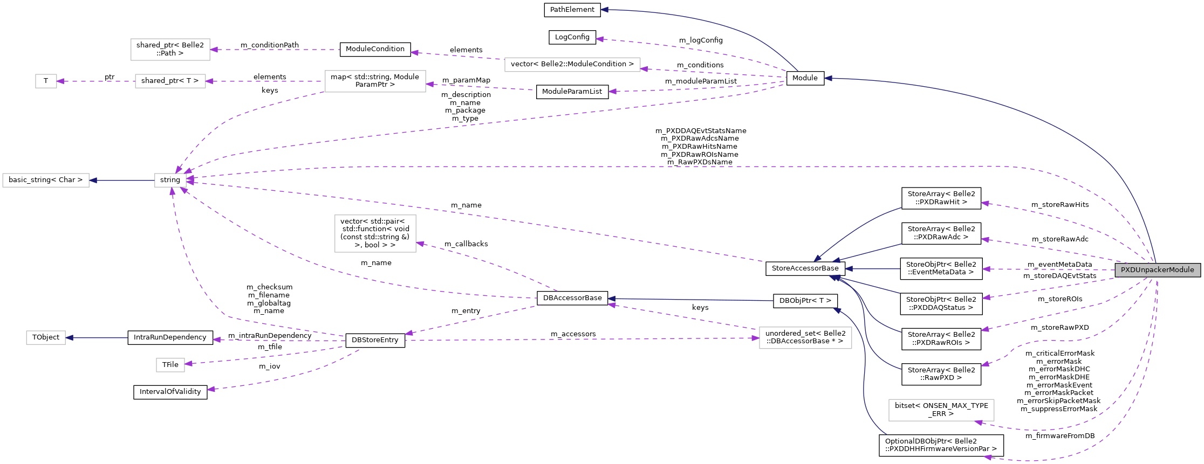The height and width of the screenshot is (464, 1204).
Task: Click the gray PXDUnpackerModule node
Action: (x=1157, y=270)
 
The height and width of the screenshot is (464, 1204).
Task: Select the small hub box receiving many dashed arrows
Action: (x=170, y=180)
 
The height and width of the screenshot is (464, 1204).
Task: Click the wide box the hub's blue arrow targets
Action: (x=46, y=180)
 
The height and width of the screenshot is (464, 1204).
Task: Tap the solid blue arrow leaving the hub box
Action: (x=121, y=180)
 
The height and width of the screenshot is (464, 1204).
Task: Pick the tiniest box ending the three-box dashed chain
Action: (x=46, y=81)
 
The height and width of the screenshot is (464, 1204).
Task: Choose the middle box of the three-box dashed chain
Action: (x=170, y=81)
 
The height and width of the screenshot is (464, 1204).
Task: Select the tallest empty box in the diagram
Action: (x=375, y=233)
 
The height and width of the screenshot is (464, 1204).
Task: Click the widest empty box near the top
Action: (x=572, y=65)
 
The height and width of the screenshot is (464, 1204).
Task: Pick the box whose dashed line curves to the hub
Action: (x=375, y=81)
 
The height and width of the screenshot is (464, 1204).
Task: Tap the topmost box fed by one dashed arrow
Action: (x=170, y=50)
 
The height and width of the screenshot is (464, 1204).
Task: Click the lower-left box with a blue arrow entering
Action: (x=46, y=338)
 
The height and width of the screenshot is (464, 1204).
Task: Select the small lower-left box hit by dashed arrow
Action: (x=170, y=365)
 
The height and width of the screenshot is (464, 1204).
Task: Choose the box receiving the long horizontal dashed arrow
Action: (x=805, y=338)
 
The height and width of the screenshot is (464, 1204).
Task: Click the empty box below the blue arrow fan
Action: (x=941, y=410)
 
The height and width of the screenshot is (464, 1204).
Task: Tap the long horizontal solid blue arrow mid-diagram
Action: (x=690, y=300)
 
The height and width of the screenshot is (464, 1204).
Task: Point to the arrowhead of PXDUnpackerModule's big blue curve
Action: (x=828, y=79)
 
